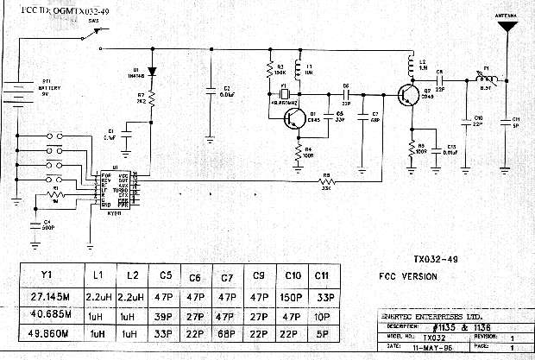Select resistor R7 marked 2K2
(x=152, y=100)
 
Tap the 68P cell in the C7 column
(x=226, y=332)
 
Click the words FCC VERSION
(x=407, y=276)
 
